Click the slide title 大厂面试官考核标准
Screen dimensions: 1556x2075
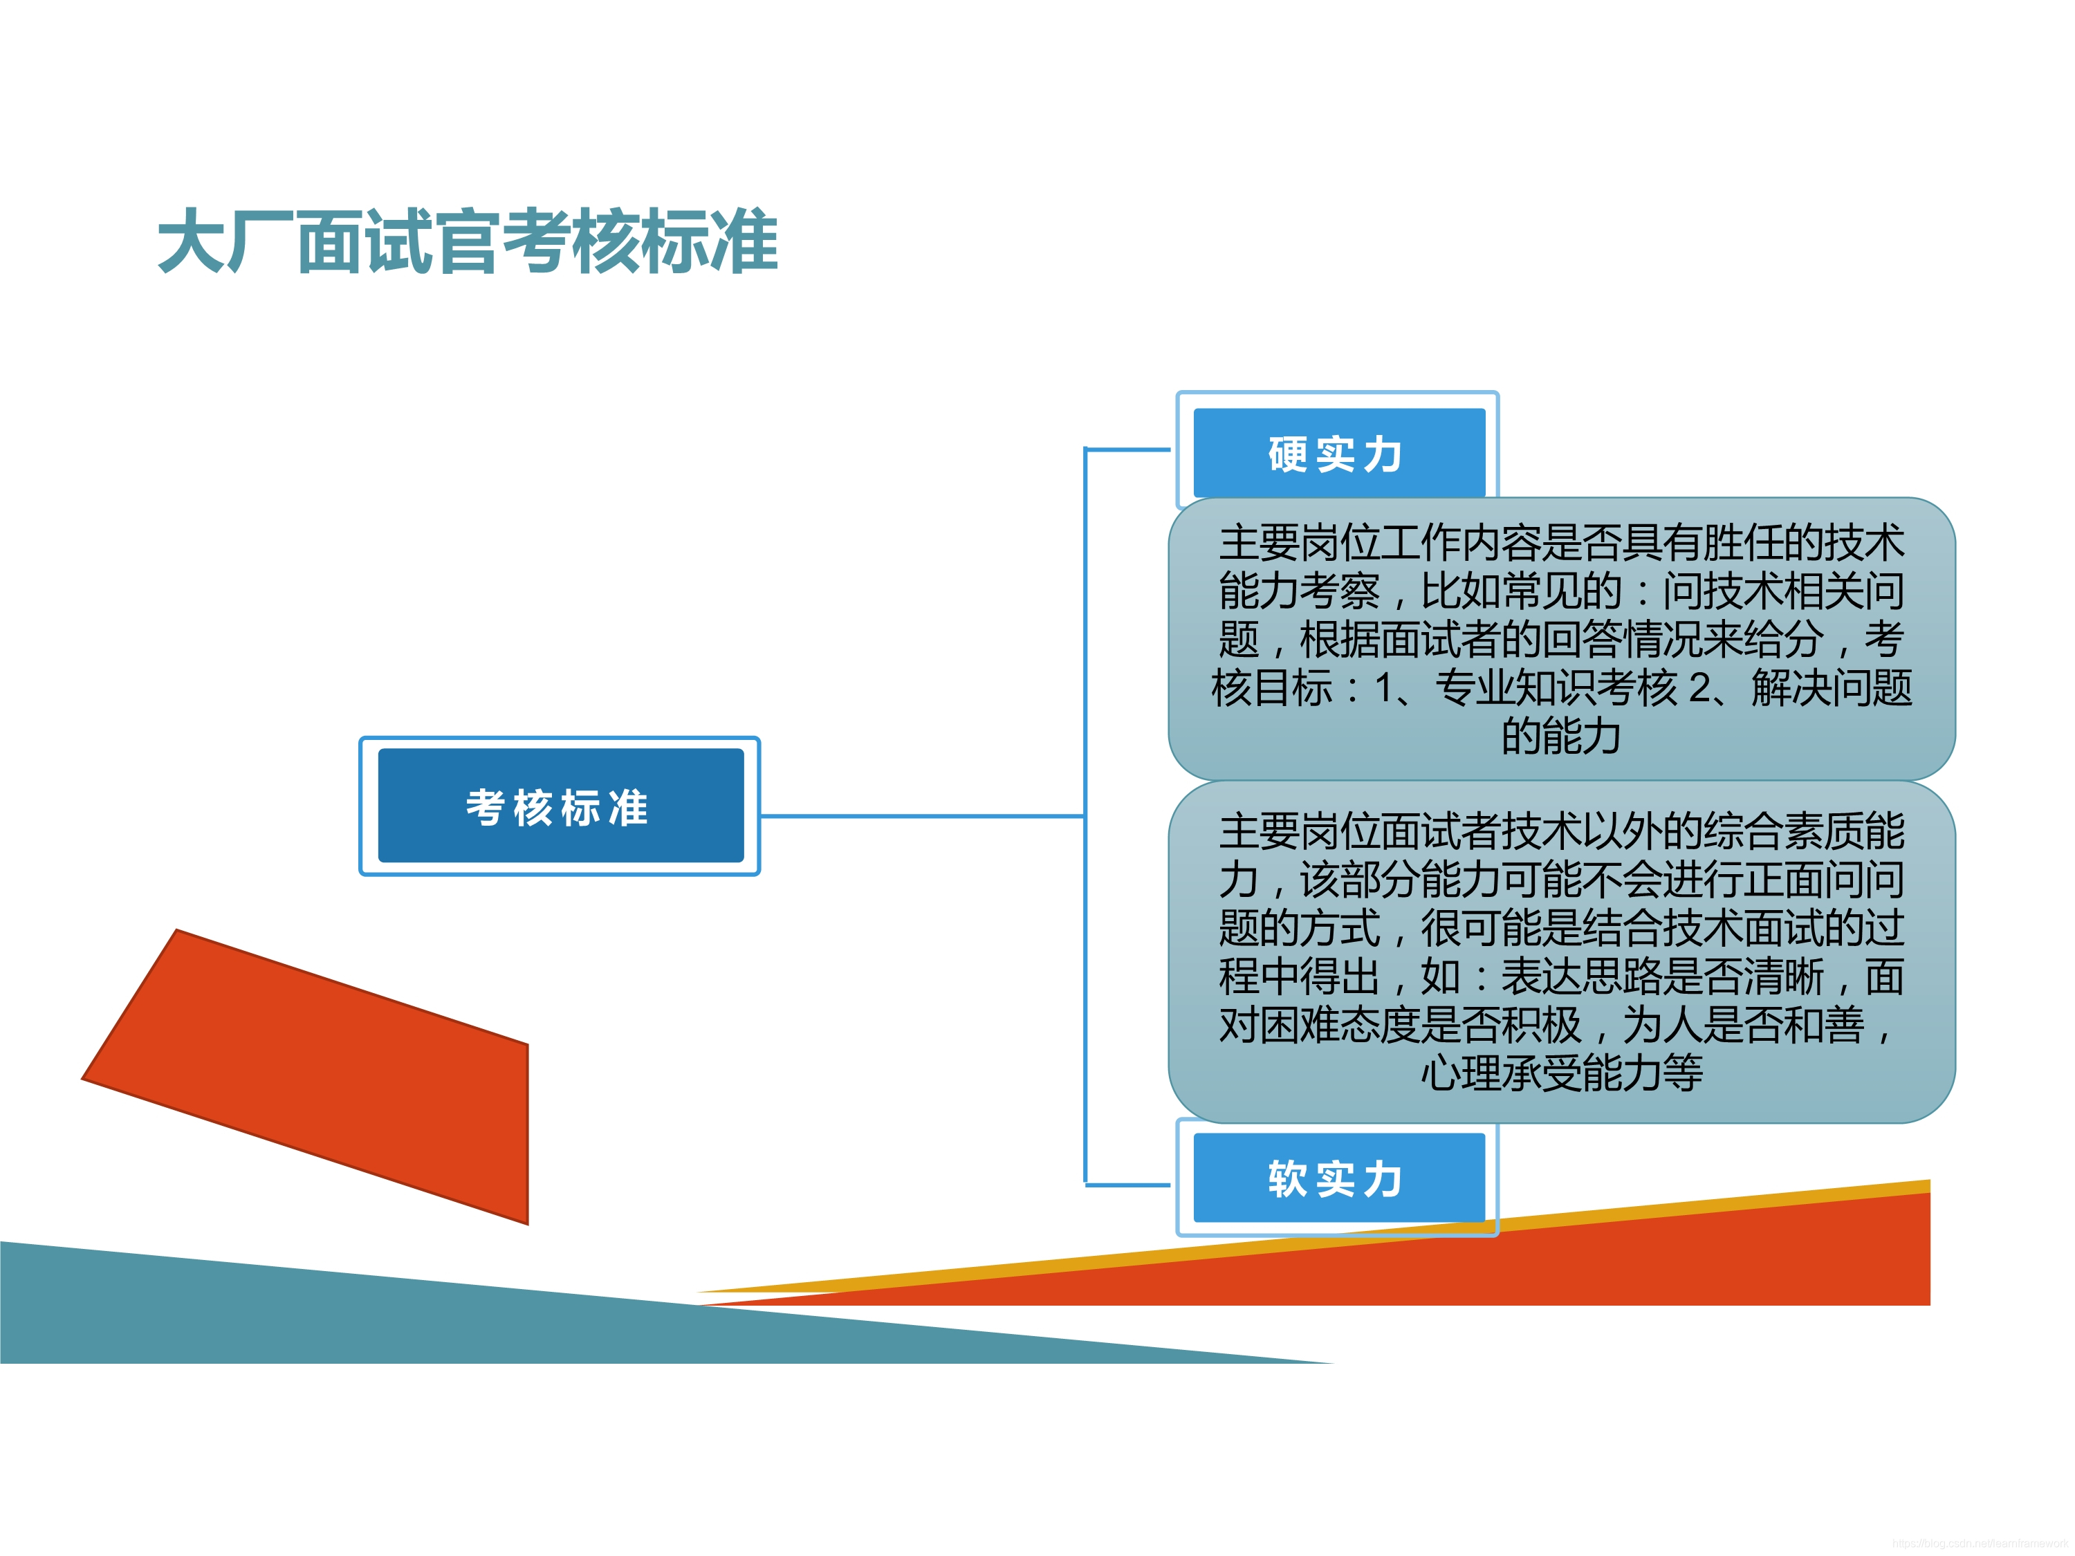pos(467,242)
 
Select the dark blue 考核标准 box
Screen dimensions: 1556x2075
pos(560,806)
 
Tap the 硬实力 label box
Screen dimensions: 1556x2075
pos(1338,454)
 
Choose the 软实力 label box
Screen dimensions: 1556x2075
pos(1338,1178)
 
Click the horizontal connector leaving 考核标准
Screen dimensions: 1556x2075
pos(919,817)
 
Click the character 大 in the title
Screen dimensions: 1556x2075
pos(192,242)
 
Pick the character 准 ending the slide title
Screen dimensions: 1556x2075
pos(743,242)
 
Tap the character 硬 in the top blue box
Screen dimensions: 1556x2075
pos(1288,454)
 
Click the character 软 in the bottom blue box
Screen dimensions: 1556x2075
pos(1288,1178)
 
